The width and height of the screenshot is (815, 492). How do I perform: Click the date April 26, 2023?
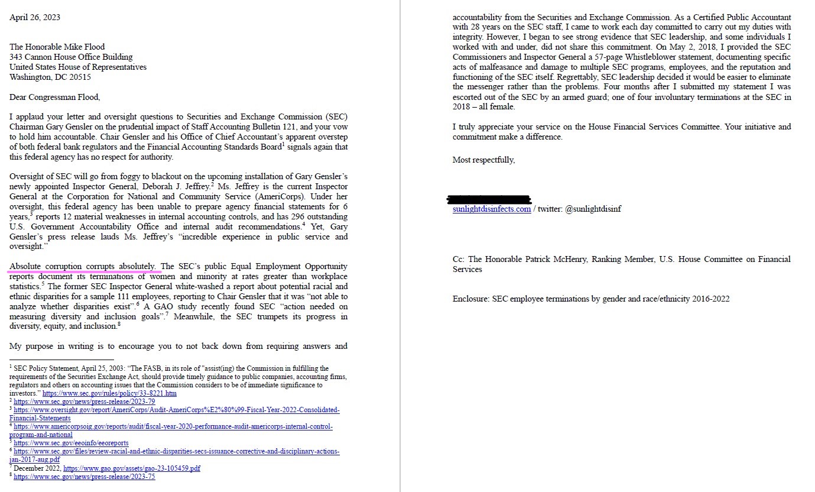(35, 18)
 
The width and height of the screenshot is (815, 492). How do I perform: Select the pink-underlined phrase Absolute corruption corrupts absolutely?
(83, 267)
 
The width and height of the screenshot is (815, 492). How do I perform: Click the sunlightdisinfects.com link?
(492, 209)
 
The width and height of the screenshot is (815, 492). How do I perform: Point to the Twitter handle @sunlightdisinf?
(593, 209)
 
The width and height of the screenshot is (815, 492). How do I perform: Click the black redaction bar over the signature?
(490, 199)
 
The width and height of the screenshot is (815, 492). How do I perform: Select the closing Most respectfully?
(483, 160)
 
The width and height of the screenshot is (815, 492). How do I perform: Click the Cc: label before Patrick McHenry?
(459, 259)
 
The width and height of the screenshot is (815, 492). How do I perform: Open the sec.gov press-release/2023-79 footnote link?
(85, 401)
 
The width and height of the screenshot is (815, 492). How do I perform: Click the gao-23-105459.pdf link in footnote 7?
(132, 468)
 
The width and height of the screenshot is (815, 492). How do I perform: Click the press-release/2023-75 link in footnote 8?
(85, 477)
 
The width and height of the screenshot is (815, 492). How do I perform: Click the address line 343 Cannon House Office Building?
(71, 57)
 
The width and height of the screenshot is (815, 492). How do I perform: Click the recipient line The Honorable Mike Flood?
(57, 47)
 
